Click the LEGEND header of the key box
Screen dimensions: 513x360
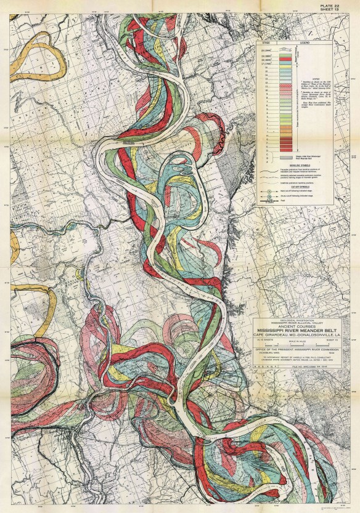point(305,42)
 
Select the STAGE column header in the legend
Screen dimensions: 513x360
point(266,42)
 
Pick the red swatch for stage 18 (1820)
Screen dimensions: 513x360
point(285,59)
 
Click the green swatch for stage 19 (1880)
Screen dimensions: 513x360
point(285,55)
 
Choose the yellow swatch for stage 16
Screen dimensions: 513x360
point(285,67)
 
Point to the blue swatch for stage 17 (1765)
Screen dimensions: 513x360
point(285,63)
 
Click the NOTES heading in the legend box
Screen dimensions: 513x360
point(316,79)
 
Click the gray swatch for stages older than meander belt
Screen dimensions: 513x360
point(286,158)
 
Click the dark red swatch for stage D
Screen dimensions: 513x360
point(285,150)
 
